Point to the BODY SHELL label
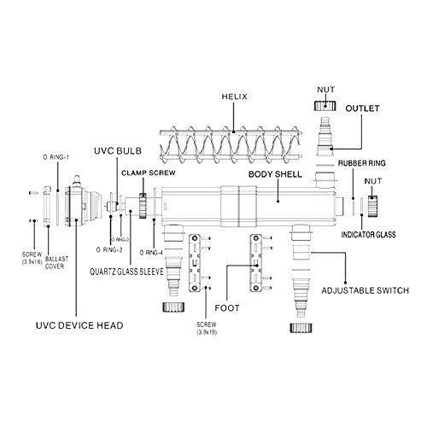273,173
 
